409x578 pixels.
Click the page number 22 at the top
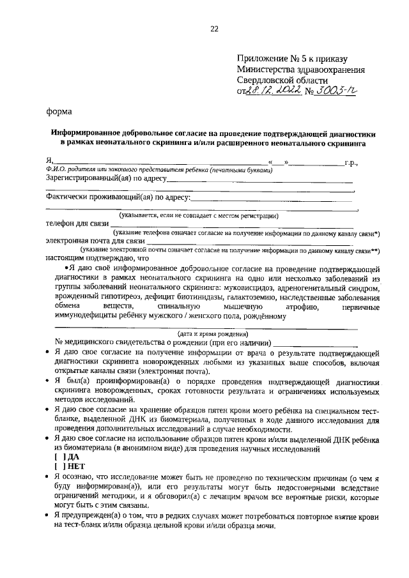[213, 29]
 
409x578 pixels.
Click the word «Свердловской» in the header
[268, 81]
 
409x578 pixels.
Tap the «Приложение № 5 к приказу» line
[291, 59]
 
